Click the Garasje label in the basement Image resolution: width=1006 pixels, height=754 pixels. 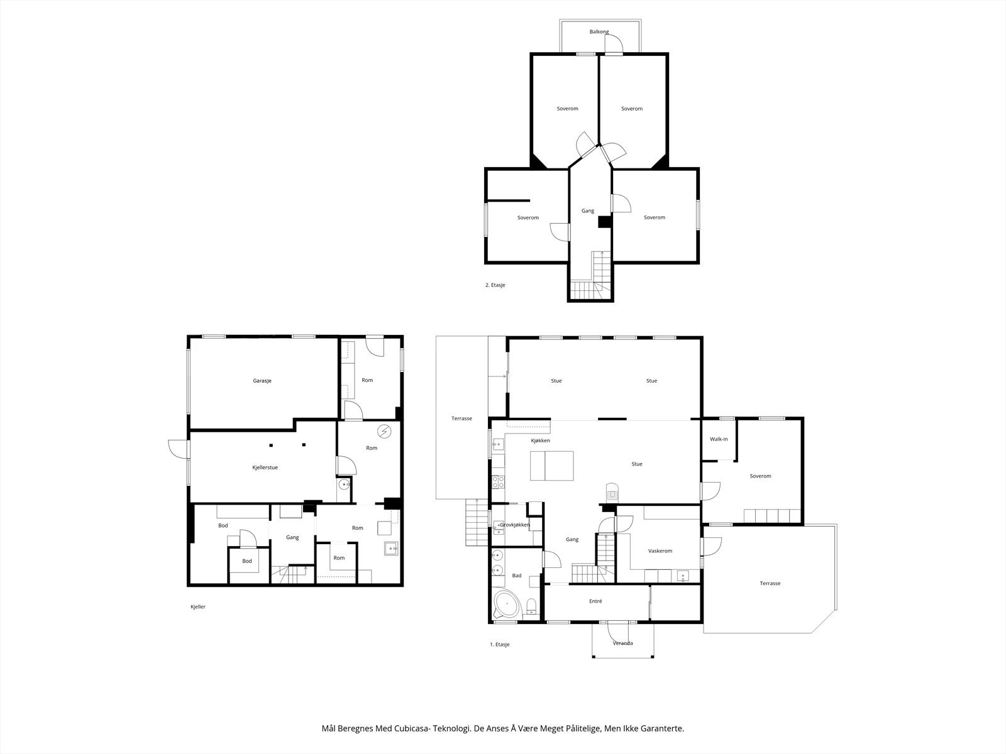point(262,381)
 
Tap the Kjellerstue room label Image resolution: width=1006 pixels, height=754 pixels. point(265,467)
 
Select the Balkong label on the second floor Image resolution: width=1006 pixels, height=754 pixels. point(599,32)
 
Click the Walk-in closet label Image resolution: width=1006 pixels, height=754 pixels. point(719,439)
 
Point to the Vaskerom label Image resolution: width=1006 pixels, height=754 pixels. point(660,551)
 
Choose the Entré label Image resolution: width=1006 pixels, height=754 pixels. point(595,601)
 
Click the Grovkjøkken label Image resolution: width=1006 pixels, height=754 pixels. point(515,525)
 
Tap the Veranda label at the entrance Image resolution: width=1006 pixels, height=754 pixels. point(623,643)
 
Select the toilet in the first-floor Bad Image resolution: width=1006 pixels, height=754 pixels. point(531,606)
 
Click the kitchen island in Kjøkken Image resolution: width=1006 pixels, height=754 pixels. point(552,466)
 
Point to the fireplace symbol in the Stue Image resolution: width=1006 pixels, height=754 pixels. point(612,493)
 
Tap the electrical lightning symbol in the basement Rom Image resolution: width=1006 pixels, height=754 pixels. point(384,431)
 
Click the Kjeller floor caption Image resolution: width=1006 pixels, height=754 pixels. point(198,607)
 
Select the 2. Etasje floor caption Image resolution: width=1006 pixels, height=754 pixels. point(495,285)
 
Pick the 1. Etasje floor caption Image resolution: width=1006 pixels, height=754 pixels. point(500,644)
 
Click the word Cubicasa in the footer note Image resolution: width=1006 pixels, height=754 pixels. point(413,728)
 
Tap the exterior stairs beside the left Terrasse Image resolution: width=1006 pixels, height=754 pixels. point(477,522)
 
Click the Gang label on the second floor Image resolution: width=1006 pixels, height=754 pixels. point(587,211)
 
